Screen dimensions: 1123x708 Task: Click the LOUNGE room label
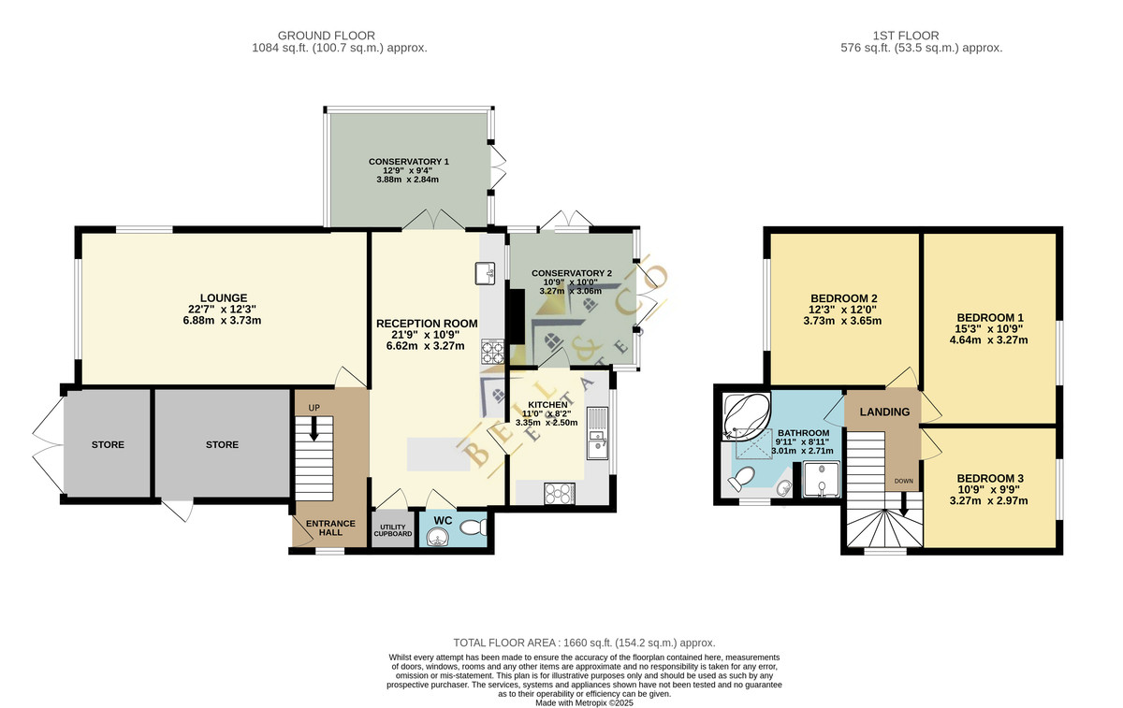coord(224,298)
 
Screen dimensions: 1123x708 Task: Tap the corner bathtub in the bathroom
coord(746,416)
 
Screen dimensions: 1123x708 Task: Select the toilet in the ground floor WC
coord(474,527)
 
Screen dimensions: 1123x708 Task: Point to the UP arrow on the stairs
coord(314,429)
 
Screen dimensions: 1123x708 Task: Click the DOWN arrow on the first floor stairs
coord(904,505)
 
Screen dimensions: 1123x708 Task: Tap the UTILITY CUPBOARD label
coord(393,530)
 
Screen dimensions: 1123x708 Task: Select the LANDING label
coord(884,412)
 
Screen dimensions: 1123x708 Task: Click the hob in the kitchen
coord(560,493)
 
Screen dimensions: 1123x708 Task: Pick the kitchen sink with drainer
coord(598,433)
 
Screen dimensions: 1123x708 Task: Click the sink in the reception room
coord(485,273)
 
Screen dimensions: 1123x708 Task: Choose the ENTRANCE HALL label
coord(330,527)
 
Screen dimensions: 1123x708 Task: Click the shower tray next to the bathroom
coord(821,480)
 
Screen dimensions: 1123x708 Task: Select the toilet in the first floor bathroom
coord(741,479)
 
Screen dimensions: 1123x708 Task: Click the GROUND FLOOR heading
coord(327,36)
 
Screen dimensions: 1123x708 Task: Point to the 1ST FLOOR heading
coord(906,36)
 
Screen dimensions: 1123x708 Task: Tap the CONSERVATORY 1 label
coord(409,162)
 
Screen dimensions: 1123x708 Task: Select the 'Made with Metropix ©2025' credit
coord(584,703)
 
